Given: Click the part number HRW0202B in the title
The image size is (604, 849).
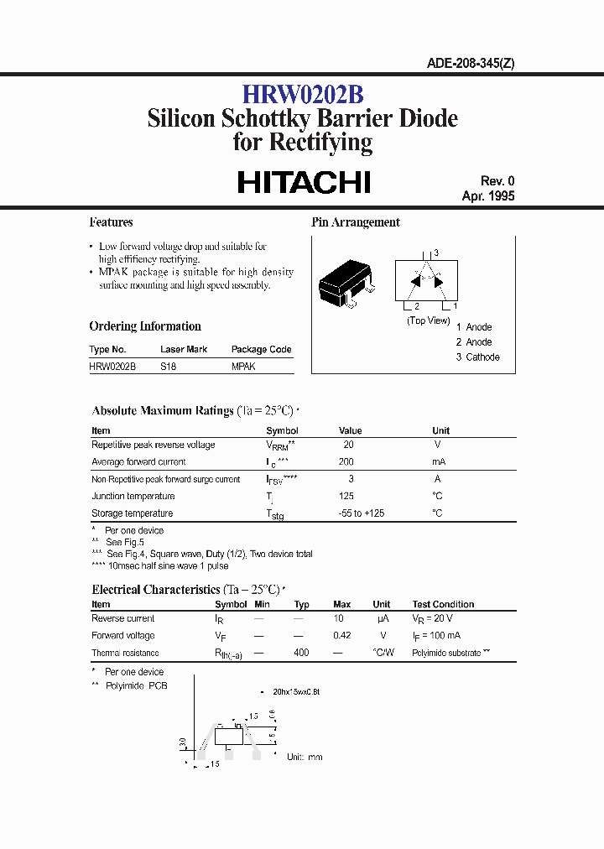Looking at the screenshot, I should coord(303,93).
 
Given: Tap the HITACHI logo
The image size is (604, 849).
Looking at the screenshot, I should coord(304,182).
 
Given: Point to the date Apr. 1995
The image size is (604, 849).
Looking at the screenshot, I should coord(488,196).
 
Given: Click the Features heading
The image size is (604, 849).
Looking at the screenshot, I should coord(111,222).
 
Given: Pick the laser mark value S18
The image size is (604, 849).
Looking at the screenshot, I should coord(168,367).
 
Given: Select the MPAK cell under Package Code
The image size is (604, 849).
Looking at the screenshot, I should coord(243,367).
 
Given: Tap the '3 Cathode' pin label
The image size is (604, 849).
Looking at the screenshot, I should coord(477,357).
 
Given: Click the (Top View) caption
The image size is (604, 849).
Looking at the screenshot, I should coord(428,320).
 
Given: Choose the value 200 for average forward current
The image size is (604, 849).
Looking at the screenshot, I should coord(346,462).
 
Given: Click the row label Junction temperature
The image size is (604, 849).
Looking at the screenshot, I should coord(133,496).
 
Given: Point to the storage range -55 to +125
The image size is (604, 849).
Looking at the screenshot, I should coord(362,513).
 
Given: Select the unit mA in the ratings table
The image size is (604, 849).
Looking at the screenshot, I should coord(439,462).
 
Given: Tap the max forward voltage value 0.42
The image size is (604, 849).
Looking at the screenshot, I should coord(341,635).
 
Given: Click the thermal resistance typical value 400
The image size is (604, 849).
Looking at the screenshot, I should coord(301,653).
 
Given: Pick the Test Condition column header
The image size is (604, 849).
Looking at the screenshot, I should coord(443,604).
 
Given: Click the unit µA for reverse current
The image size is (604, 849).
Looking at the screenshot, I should coord(382,618).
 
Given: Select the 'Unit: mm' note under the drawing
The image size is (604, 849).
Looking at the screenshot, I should coord(305,757).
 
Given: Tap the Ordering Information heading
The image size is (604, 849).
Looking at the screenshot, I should coord(145,326).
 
